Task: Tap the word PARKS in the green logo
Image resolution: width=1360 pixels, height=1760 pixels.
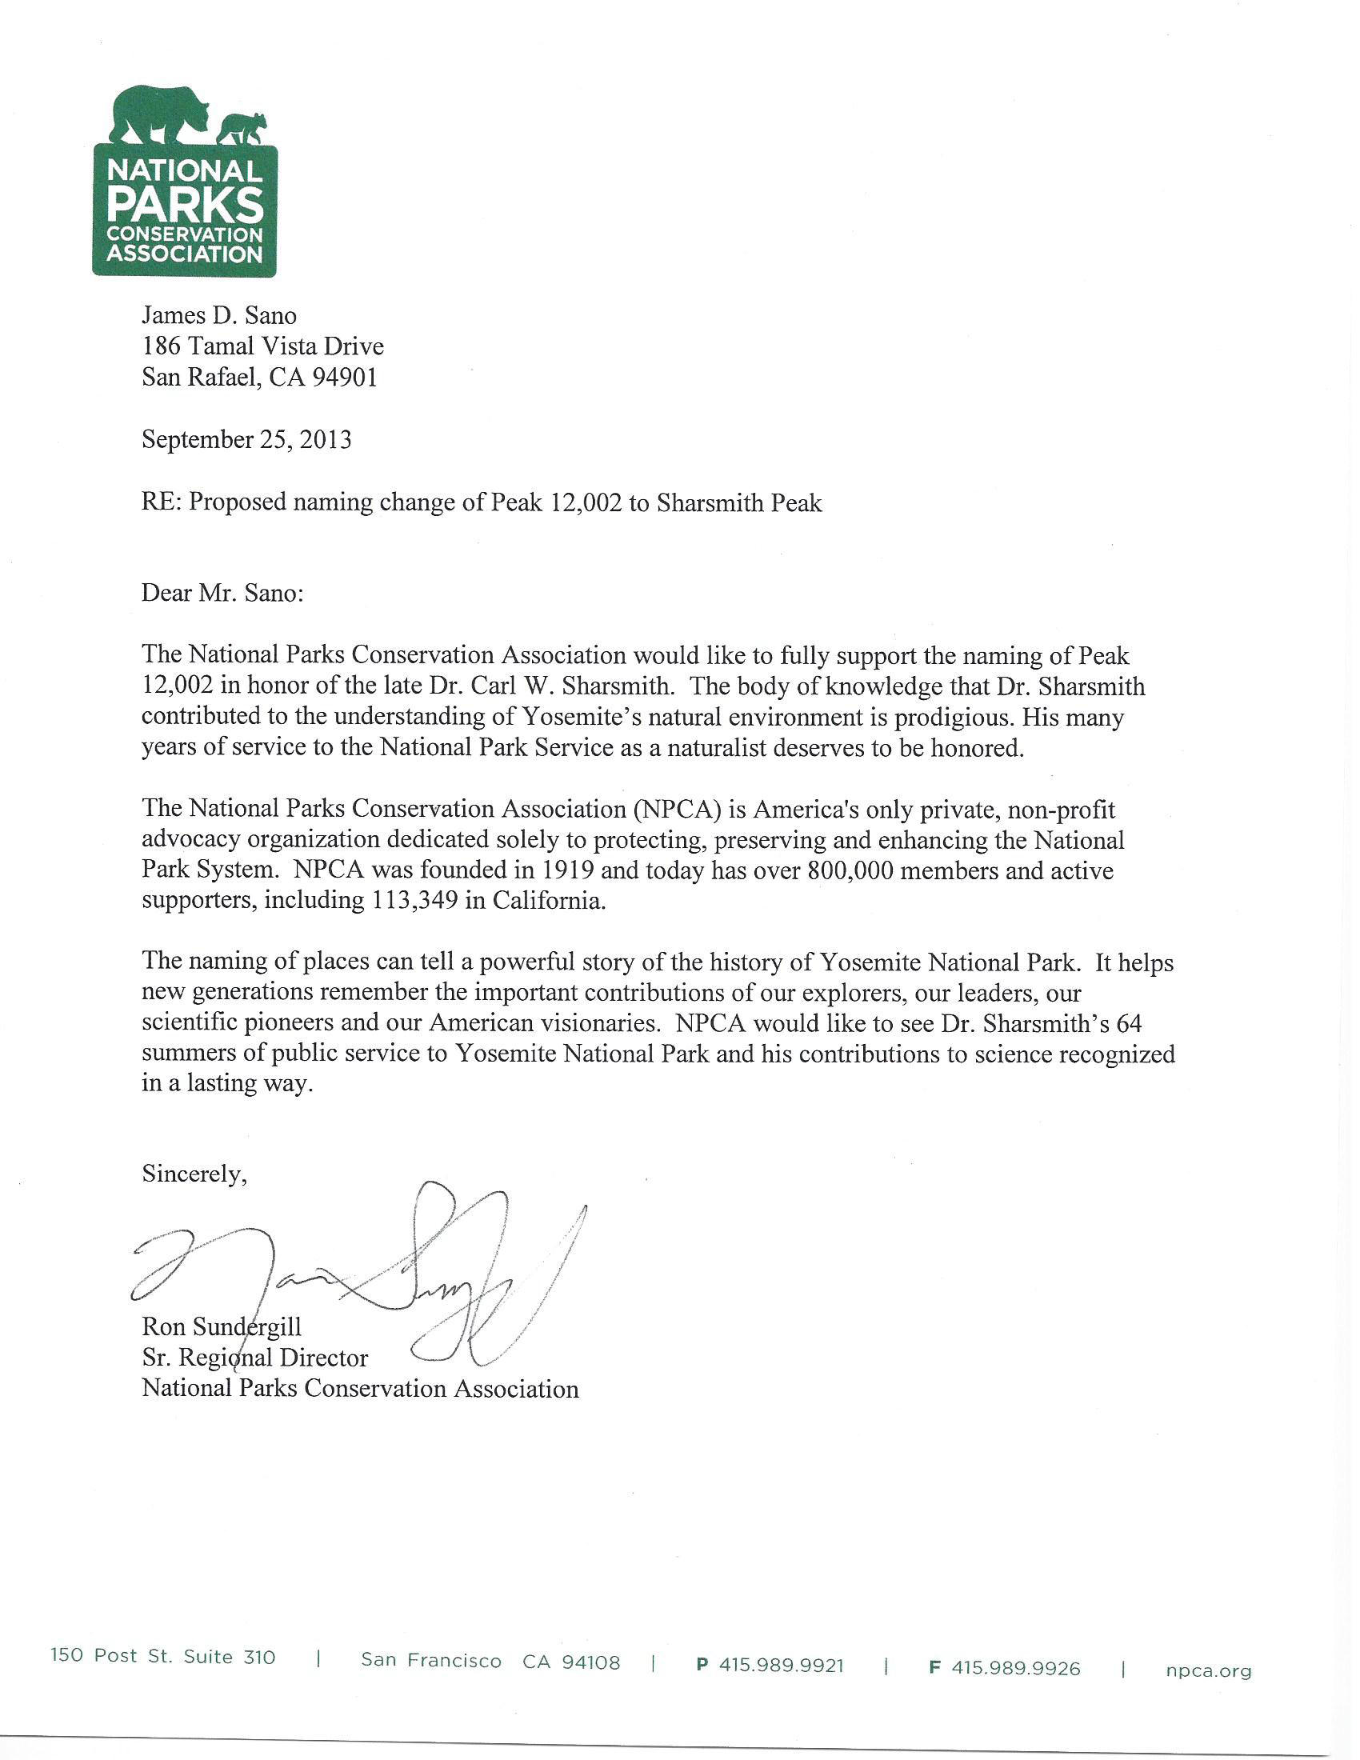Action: [x=186, y=206]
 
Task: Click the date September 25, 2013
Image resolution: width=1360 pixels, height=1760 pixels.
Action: [x=246, y=439]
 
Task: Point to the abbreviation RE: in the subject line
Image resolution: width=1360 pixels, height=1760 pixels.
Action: [x=161, y=503]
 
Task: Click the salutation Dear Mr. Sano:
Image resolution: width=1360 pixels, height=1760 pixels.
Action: [x=222, y=593]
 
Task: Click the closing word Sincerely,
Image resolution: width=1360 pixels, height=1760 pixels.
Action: [x=194, y=1174]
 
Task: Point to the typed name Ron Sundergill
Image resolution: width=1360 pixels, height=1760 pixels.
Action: [x=222, y=1326]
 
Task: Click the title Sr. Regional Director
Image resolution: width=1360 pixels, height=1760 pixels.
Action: [x=254, y=1358]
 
